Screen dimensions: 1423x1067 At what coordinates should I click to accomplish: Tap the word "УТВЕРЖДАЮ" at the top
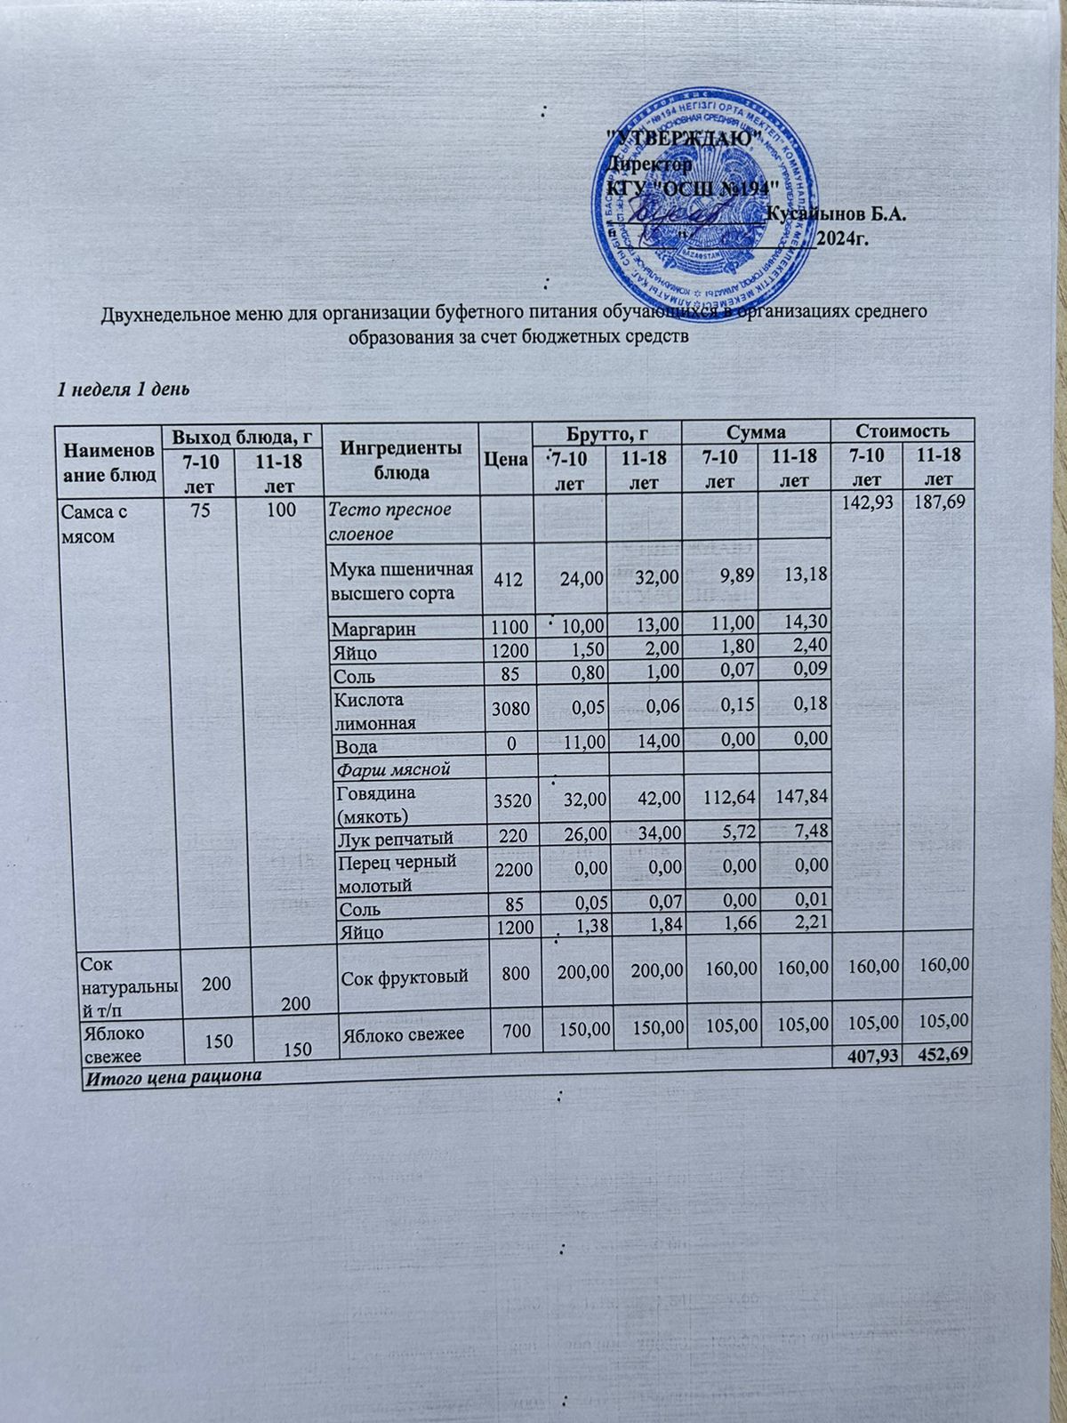(x=683, y=139)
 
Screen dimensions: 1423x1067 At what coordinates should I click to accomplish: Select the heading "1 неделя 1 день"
(x=121, y=389)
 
